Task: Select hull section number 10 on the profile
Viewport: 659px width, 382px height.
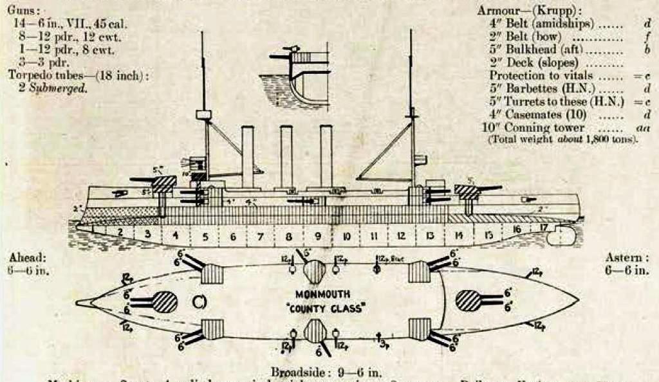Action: [x=346, y=237]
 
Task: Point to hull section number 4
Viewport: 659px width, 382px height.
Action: [x=175, y=236]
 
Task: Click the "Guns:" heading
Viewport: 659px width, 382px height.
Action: [x=23, y=11]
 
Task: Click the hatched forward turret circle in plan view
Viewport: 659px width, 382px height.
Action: [x=165, y=302]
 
